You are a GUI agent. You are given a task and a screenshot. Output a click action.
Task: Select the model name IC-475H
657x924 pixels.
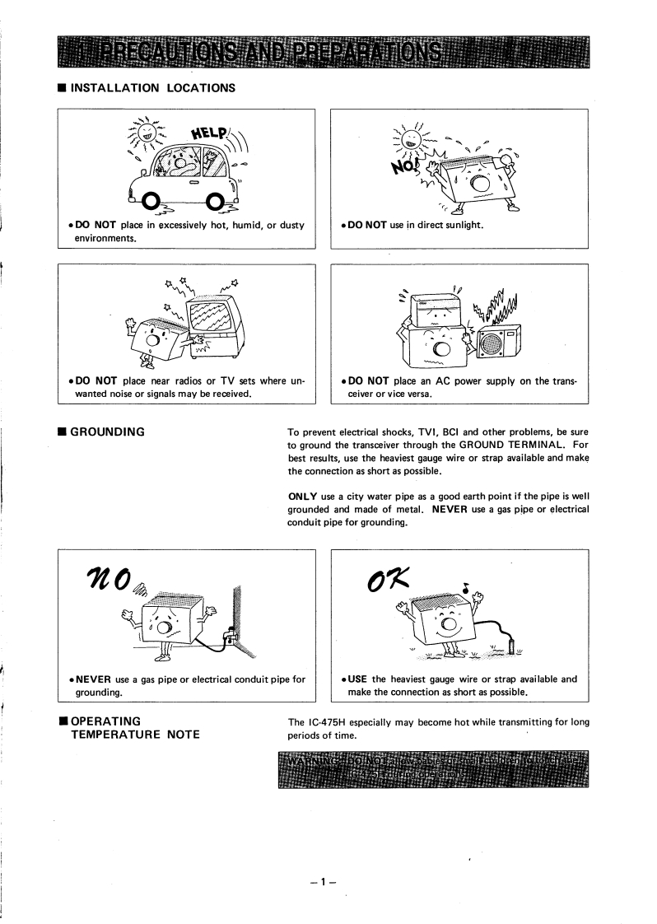coord(335,722)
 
